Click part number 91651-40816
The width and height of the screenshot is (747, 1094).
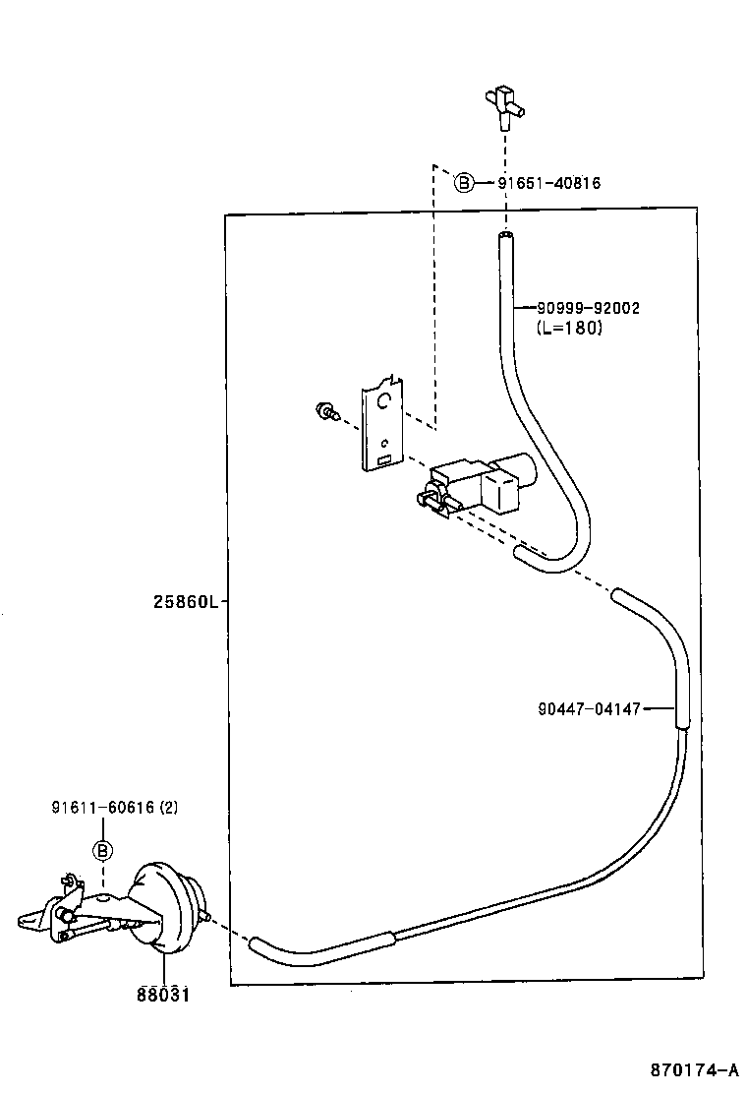point(548,183)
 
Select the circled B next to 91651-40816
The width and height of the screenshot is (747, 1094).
point(464,182)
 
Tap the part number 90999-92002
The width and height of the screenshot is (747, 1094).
point(588,308)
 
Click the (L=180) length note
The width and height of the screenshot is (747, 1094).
point(570,329)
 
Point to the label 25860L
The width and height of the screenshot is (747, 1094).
point(185,602)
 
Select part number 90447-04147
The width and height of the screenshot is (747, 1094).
point(590,708)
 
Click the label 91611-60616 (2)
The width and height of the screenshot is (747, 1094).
point(115,808)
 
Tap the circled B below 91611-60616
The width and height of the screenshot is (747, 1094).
point(103,850)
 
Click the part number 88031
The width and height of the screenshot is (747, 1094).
point(162,995)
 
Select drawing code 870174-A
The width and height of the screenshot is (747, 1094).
point(692,1070)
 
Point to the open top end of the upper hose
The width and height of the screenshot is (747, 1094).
point(505,237)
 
